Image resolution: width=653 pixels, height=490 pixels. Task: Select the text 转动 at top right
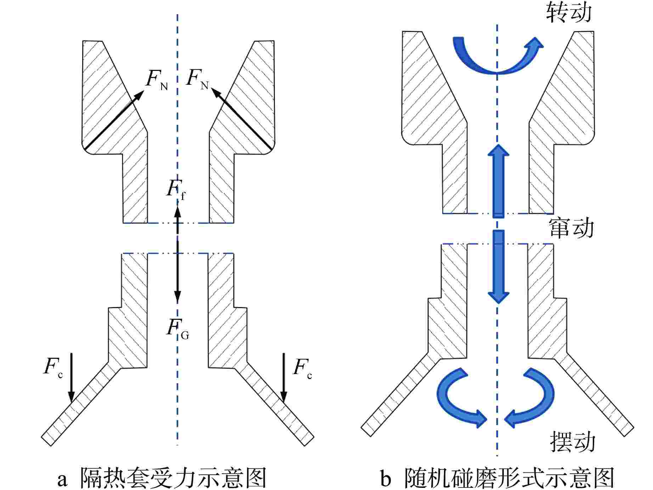(x=569, y=13)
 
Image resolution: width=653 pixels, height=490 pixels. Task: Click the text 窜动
(x=571, y=228)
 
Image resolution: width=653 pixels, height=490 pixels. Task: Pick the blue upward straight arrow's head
(x=498, y=150)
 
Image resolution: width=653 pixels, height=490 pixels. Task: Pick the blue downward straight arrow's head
(x=499, y=297)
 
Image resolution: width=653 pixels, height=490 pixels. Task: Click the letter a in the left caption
(x=62, y=479)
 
